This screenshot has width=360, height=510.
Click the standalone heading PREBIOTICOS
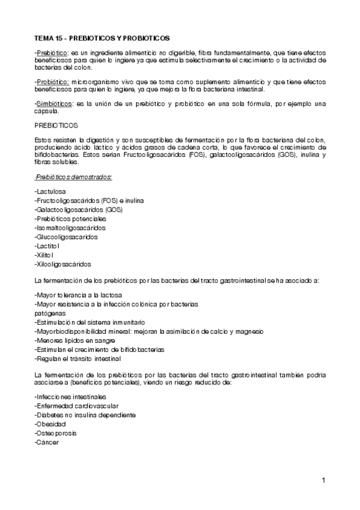tap(56, 126)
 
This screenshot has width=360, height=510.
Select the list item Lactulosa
tap(52, 191)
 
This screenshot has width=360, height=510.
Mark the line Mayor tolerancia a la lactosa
tap(78, 295)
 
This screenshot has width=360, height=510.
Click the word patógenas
tap(50, 313)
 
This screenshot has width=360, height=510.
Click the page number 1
tap(323, 480)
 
